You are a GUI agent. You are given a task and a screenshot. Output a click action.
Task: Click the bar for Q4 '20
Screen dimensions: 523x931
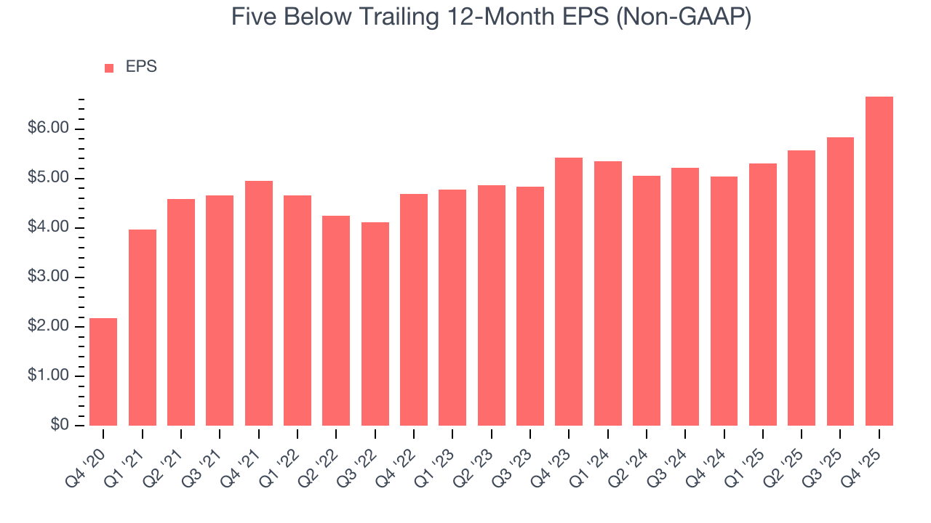coord(103,372)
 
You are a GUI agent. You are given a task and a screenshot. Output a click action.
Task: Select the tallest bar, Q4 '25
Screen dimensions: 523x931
coord(879,261)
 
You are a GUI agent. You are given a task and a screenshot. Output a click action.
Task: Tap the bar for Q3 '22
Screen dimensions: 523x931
coord(375,324)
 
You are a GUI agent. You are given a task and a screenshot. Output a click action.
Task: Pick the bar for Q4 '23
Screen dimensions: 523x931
coord(569,291)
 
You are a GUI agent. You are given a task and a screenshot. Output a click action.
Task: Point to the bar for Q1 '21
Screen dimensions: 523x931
coord(142,328)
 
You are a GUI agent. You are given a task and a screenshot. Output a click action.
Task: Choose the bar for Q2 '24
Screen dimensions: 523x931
coord(646,301)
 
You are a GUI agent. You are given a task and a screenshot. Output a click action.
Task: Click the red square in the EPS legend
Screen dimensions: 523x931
coord(109,68)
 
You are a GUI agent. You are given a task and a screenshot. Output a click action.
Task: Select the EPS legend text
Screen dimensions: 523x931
coord(141,67)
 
